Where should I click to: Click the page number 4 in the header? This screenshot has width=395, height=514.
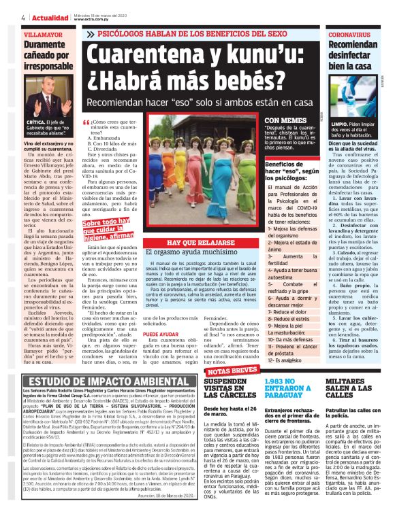[x=5, y=17]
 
